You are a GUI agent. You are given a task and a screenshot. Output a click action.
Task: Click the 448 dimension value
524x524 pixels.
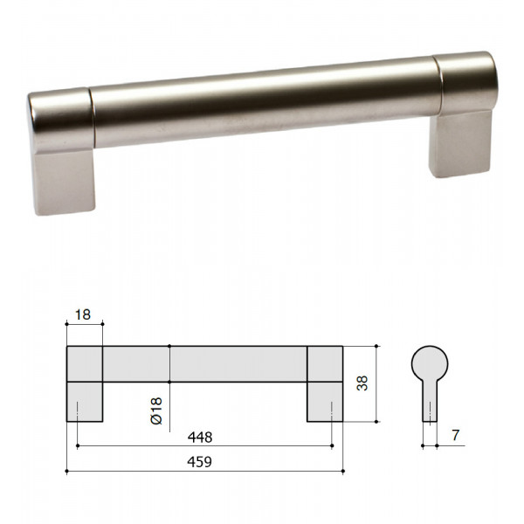pos(200,438)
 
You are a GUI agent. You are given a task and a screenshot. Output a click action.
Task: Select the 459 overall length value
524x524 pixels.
pos(199,462)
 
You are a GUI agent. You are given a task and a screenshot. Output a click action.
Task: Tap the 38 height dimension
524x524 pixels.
pos(362,383)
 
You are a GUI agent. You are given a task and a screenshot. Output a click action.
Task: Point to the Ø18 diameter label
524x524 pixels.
pos(156,410)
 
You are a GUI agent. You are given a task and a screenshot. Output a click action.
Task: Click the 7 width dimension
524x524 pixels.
pos(456,435)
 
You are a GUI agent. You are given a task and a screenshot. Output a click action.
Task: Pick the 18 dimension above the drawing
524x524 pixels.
pos(83,314)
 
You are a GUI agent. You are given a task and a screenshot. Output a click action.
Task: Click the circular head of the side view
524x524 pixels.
pos(430,364)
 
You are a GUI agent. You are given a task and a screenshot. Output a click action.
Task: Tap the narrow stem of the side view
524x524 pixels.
pos(430,402)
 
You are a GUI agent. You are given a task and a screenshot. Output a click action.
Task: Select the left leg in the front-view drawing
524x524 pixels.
pos(85,402)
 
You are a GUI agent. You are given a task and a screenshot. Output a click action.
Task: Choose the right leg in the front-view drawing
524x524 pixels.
pos(325,402)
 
